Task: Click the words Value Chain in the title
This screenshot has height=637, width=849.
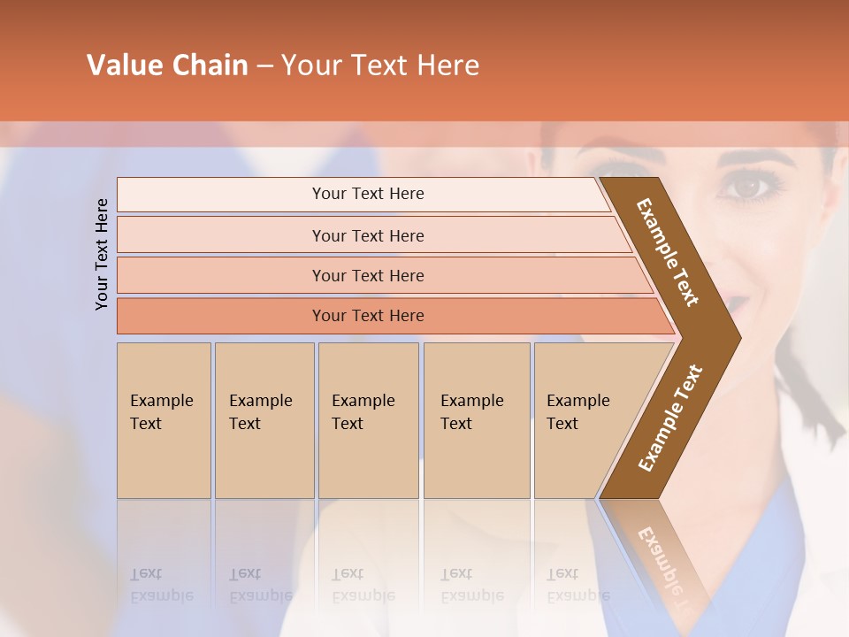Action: pos(167,65)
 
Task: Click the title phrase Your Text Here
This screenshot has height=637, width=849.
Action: pos(380,65)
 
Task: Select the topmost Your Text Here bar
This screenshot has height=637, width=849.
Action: pos(367,194)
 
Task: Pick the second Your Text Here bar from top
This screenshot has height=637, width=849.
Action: pos(367,235)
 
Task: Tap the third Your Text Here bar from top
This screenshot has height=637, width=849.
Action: pos(367,275)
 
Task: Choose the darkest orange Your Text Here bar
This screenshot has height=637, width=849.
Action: pos(367,316)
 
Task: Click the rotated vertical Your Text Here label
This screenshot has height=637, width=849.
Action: pos(102,254)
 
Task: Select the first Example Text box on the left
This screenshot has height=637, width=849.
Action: pos(164,419)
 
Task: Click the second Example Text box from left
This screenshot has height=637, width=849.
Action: pos(264,419)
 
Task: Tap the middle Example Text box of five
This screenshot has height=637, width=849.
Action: pos(368,419)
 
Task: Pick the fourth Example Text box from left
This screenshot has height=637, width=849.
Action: pos(476,419)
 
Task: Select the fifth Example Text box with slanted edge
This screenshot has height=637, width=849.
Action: pos(584,419)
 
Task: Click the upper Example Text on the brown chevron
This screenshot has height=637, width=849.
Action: pos(668,252)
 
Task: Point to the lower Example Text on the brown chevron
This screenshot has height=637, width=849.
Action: pos(670,418)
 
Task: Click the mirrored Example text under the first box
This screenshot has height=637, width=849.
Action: pos(161,585)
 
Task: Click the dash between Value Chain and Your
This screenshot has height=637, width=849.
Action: pos(264,66)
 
